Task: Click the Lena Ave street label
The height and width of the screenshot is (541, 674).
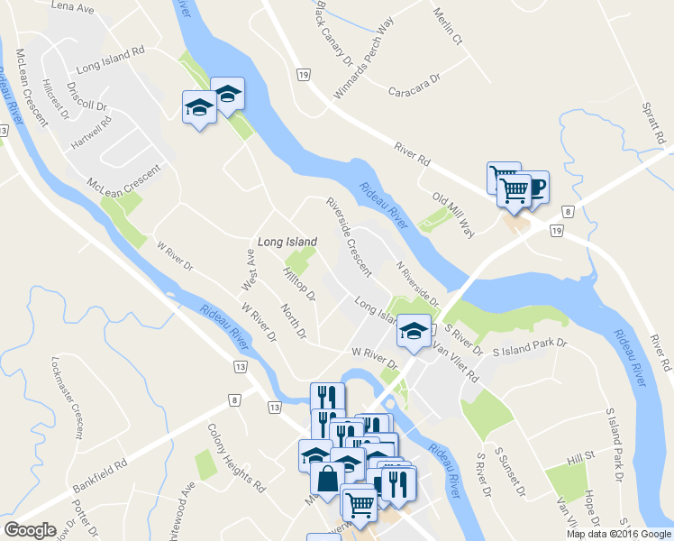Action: coord(73,8)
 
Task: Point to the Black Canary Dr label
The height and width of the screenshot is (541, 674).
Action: coord(334,33)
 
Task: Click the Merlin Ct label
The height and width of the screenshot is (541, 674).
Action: coord(447,28)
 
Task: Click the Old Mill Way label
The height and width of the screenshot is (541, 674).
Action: coord(453,212)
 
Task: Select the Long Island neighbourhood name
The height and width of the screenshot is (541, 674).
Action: coord(287,242)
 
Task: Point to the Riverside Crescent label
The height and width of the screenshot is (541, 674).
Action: coord(349,236)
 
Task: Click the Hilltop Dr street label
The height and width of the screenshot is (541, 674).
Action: coord(300,283)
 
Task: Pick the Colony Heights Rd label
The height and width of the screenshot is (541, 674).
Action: coord(236,458)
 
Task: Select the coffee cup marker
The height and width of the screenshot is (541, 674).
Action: coord(535,187)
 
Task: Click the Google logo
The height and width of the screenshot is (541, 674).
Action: coord(31,530)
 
